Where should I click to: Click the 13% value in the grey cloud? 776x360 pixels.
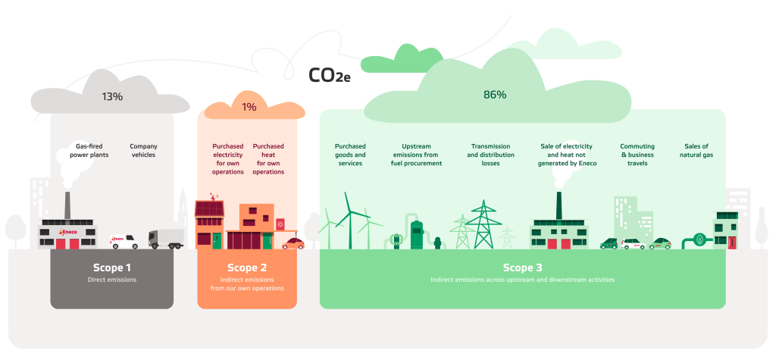[112, 96]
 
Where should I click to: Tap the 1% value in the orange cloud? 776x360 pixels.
[249, 108]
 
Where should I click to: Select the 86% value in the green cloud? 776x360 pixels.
[495, 95]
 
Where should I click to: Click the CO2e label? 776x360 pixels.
[329, 75]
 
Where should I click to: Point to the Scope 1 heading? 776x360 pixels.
[112, 268]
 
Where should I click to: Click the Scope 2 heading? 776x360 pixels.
[247, 268]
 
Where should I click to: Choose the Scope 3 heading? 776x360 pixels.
[523, 268]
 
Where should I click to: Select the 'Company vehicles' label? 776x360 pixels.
[142, 150]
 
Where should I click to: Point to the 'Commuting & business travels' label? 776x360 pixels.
[637, 154]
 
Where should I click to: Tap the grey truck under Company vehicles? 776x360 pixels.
[166, 239]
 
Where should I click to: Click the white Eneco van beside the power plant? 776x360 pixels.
[124, 242]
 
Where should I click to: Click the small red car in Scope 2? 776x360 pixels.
[293, 243]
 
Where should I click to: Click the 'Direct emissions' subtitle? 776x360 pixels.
[112, 280]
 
